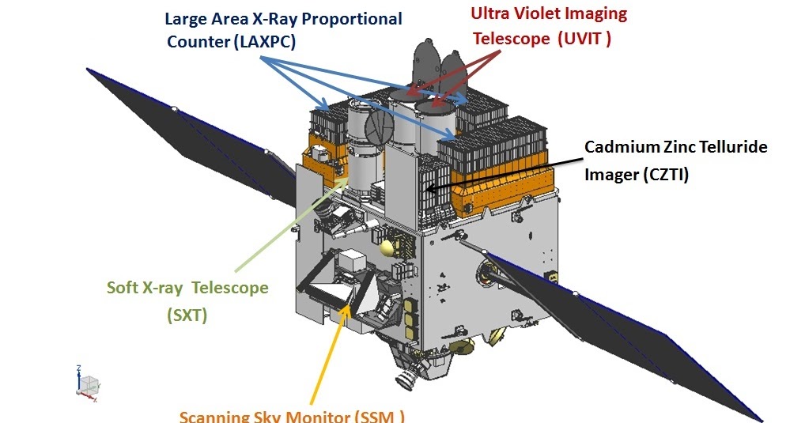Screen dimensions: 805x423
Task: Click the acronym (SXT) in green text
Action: [187, 315]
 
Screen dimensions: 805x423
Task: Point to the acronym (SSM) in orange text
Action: [377, 417]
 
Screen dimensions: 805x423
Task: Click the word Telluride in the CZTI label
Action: [728, 147]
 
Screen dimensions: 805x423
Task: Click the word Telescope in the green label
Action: [229, 287]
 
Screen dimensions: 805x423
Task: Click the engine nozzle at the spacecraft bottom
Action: [408, 378]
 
